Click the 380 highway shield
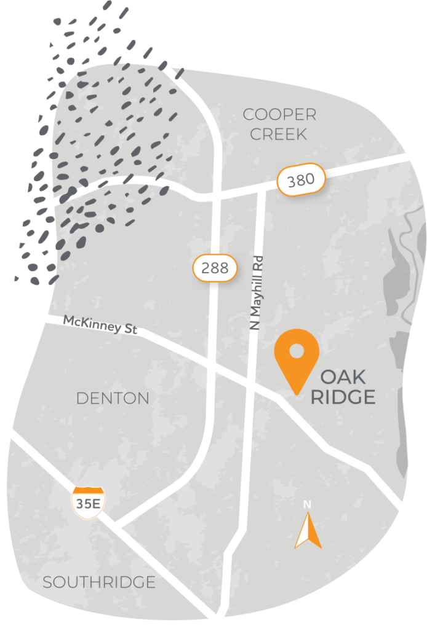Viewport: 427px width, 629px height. pos(300,179)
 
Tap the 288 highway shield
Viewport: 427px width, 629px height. pos(215,268)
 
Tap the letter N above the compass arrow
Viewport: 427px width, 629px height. pos(307,504)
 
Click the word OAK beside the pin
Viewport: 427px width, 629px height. pos(343,377)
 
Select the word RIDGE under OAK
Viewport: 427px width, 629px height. pos(343,397)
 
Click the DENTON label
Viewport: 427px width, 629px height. pos(113,398)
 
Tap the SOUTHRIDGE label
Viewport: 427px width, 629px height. pos(99,582)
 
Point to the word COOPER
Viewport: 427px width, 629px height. pos(279,114)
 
